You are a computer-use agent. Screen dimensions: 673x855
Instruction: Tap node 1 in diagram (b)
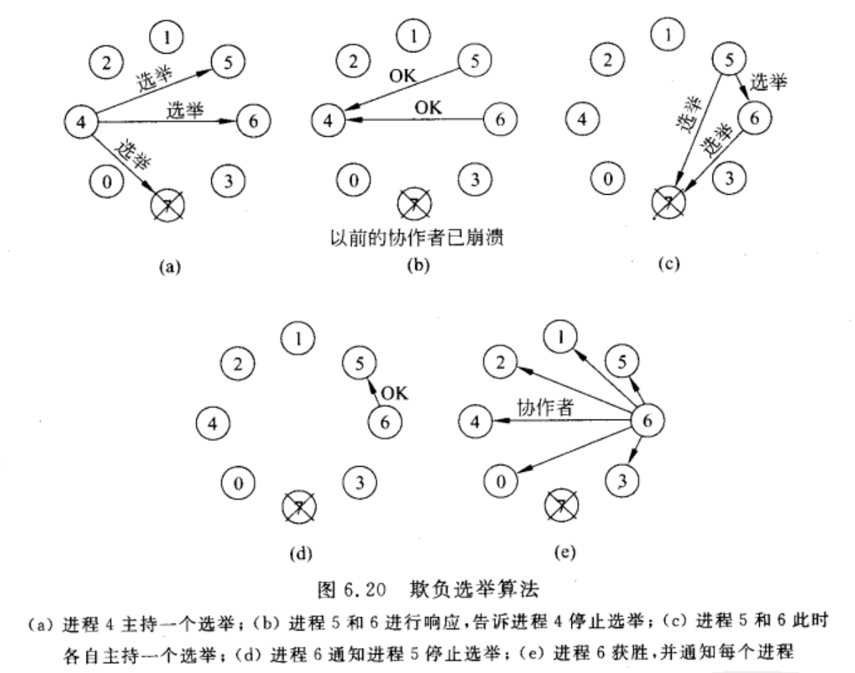(x=412, y=34)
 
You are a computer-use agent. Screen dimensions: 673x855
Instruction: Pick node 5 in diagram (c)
(x=728, y=62)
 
